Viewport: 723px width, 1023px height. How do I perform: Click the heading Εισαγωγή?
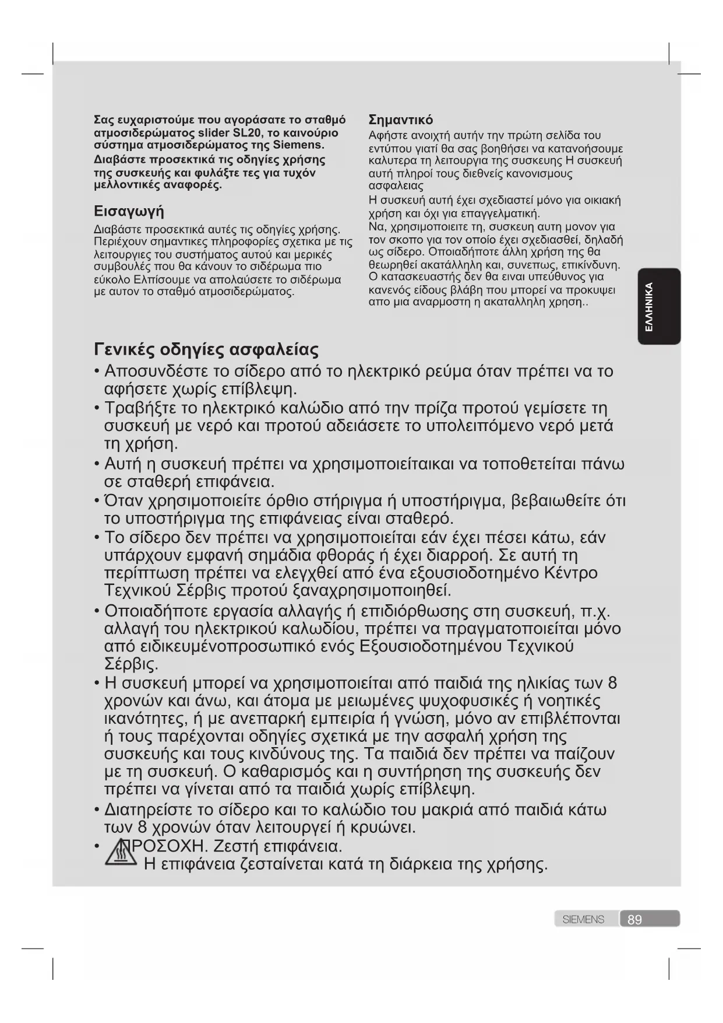pos(129,211)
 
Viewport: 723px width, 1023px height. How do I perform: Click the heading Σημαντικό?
pos(401,120)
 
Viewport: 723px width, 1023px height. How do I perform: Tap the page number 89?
pos(634,920)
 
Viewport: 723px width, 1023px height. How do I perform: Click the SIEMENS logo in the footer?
pos(583,920)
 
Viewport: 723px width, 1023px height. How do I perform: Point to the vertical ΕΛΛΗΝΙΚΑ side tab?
pos(658,307)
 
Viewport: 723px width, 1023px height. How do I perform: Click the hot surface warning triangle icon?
pos(121,853)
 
